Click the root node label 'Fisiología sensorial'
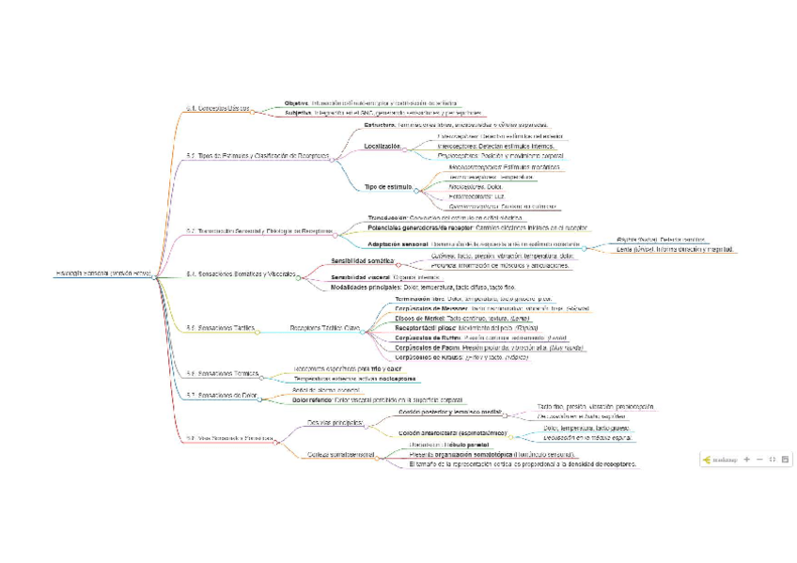pyautogui.click(x=103, y=274)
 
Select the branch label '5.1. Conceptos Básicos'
pyautogui.click(x=218, y=109)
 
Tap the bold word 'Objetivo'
pyautogui.click(x=296, y=102)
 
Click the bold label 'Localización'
pyautogui.click(x=382, y=146)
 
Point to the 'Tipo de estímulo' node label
pyautogui.click(x=388, y=187)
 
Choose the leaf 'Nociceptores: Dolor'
pyautogui.click(x=469, y=187)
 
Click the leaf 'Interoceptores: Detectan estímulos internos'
pyautogui.click(x=497, y=146)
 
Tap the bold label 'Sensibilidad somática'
pyautogui.click(x=362, y=260)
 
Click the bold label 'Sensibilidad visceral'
pyautogui.click(x=360, y=277)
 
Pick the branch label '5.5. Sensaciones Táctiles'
pyautogui.click(x=221, y=328)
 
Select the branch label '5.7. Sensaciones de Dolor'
pyautogui.click(x=222, y=396)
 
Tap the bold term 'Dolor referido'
pyautogui.click(x=313, y=399)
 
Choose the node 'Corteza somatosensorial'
pyautogui.click(x=340, y=455)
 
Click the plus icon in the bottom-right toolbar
pyautogui.click(x=746, y=460)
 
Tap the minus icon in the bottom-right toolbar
pyautogui.click(x=759, y=460)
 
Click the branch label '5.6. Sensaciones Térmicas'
pyautogui.click(x=222, y=374)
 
